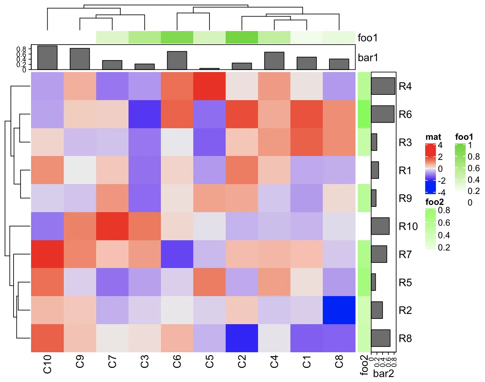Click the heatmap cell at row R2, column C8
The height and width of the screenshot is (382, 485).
tap(339, 310)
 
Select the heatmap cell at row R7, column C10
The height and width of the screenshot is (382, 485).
tap(47, 254)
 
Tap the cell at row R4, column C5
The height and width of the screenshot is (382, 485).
tap(209, 86)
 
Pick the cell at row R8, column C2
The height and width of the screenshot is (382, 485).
tap(242, 338)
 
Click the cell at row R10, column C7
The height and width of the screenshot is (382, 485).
tap(112, 226)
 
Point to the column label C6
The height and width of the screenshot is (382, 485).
tap(177, 362)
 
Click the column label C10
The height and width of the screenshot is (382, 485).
tap(47, 364)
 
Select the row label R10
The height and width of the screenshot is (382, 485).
tap(408, 226)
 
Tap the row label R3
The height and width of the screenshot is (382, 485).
tap(405, 142)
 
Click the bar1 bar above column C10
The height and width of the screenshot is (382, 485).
tap(47, 58)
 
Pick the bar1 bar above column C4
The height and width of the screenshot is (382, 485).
tap(274, 61)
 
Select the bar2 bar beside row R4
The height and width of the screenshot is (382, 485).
tap(383, 86)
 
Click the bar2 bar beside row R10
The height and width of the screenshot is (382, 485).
tap(380, 226)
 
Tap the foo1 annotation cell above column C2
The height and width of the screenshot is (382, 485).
tap(242, 37)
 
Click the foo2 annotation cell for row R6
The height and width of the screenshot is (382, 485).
tap(364, 114)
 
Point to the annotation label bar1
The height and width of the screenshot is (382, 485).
tap(367, 57)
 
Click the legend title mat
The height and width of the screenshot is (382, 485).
tap(433, 137)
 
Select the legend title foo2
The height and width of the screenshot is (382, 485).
tap(434, 202)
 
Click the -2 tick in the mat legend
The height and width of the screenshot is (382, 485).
tap(442, 181)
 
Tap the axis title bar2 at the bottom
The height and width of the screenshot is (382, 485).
tap(383, 373)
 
